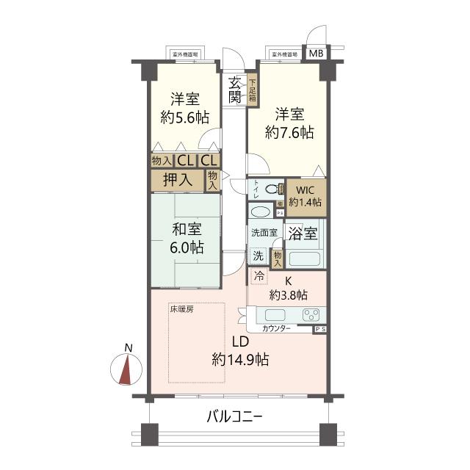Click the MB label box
click(x=315, y=54)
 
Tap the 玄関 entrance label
click(x=235, y=90)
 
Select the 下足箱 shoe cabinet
click(x=252, y=91)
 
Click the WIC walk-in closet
click(x=305, y=196)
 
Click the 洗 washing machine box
click(x=258, y=256)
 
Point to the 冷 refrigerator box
click(x=258, y=277)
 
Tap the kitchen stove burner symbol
click(x=311, y=315)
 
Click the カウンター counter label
click(x=276, y=329)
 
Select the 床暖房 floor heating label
click(x=181, y=309)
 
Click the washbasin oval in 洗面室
click(x=260, y=211)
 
